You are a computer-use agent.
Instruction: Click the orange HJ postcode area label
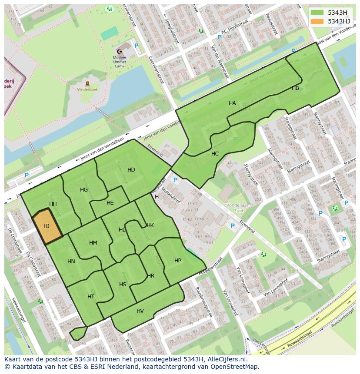point(47,226)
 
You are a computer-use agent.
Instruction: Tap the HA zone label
point(232,103)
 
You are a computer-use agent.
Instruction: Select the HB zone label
point(295,88)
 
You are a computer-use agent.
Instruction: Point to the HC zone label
point(215,154)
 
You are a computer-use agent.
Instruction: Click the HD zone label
point(131,169)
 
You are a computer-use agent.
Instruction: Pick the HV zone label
point(140,311)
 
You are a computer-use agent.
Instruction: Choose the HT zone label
point(90,297)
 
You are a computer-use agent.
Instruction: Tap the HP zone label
point(177,261)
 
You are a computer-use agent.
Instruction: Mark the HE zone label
point(110,203)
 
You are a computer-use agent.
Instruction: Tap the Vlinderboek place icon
point(88,83)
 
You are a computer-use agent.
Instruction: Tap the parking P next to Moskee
point(136,46)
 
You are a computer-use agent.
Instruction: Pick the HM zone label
point(93,243)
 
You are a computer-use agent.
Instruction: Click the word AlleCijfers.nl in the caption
point(226,360)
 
